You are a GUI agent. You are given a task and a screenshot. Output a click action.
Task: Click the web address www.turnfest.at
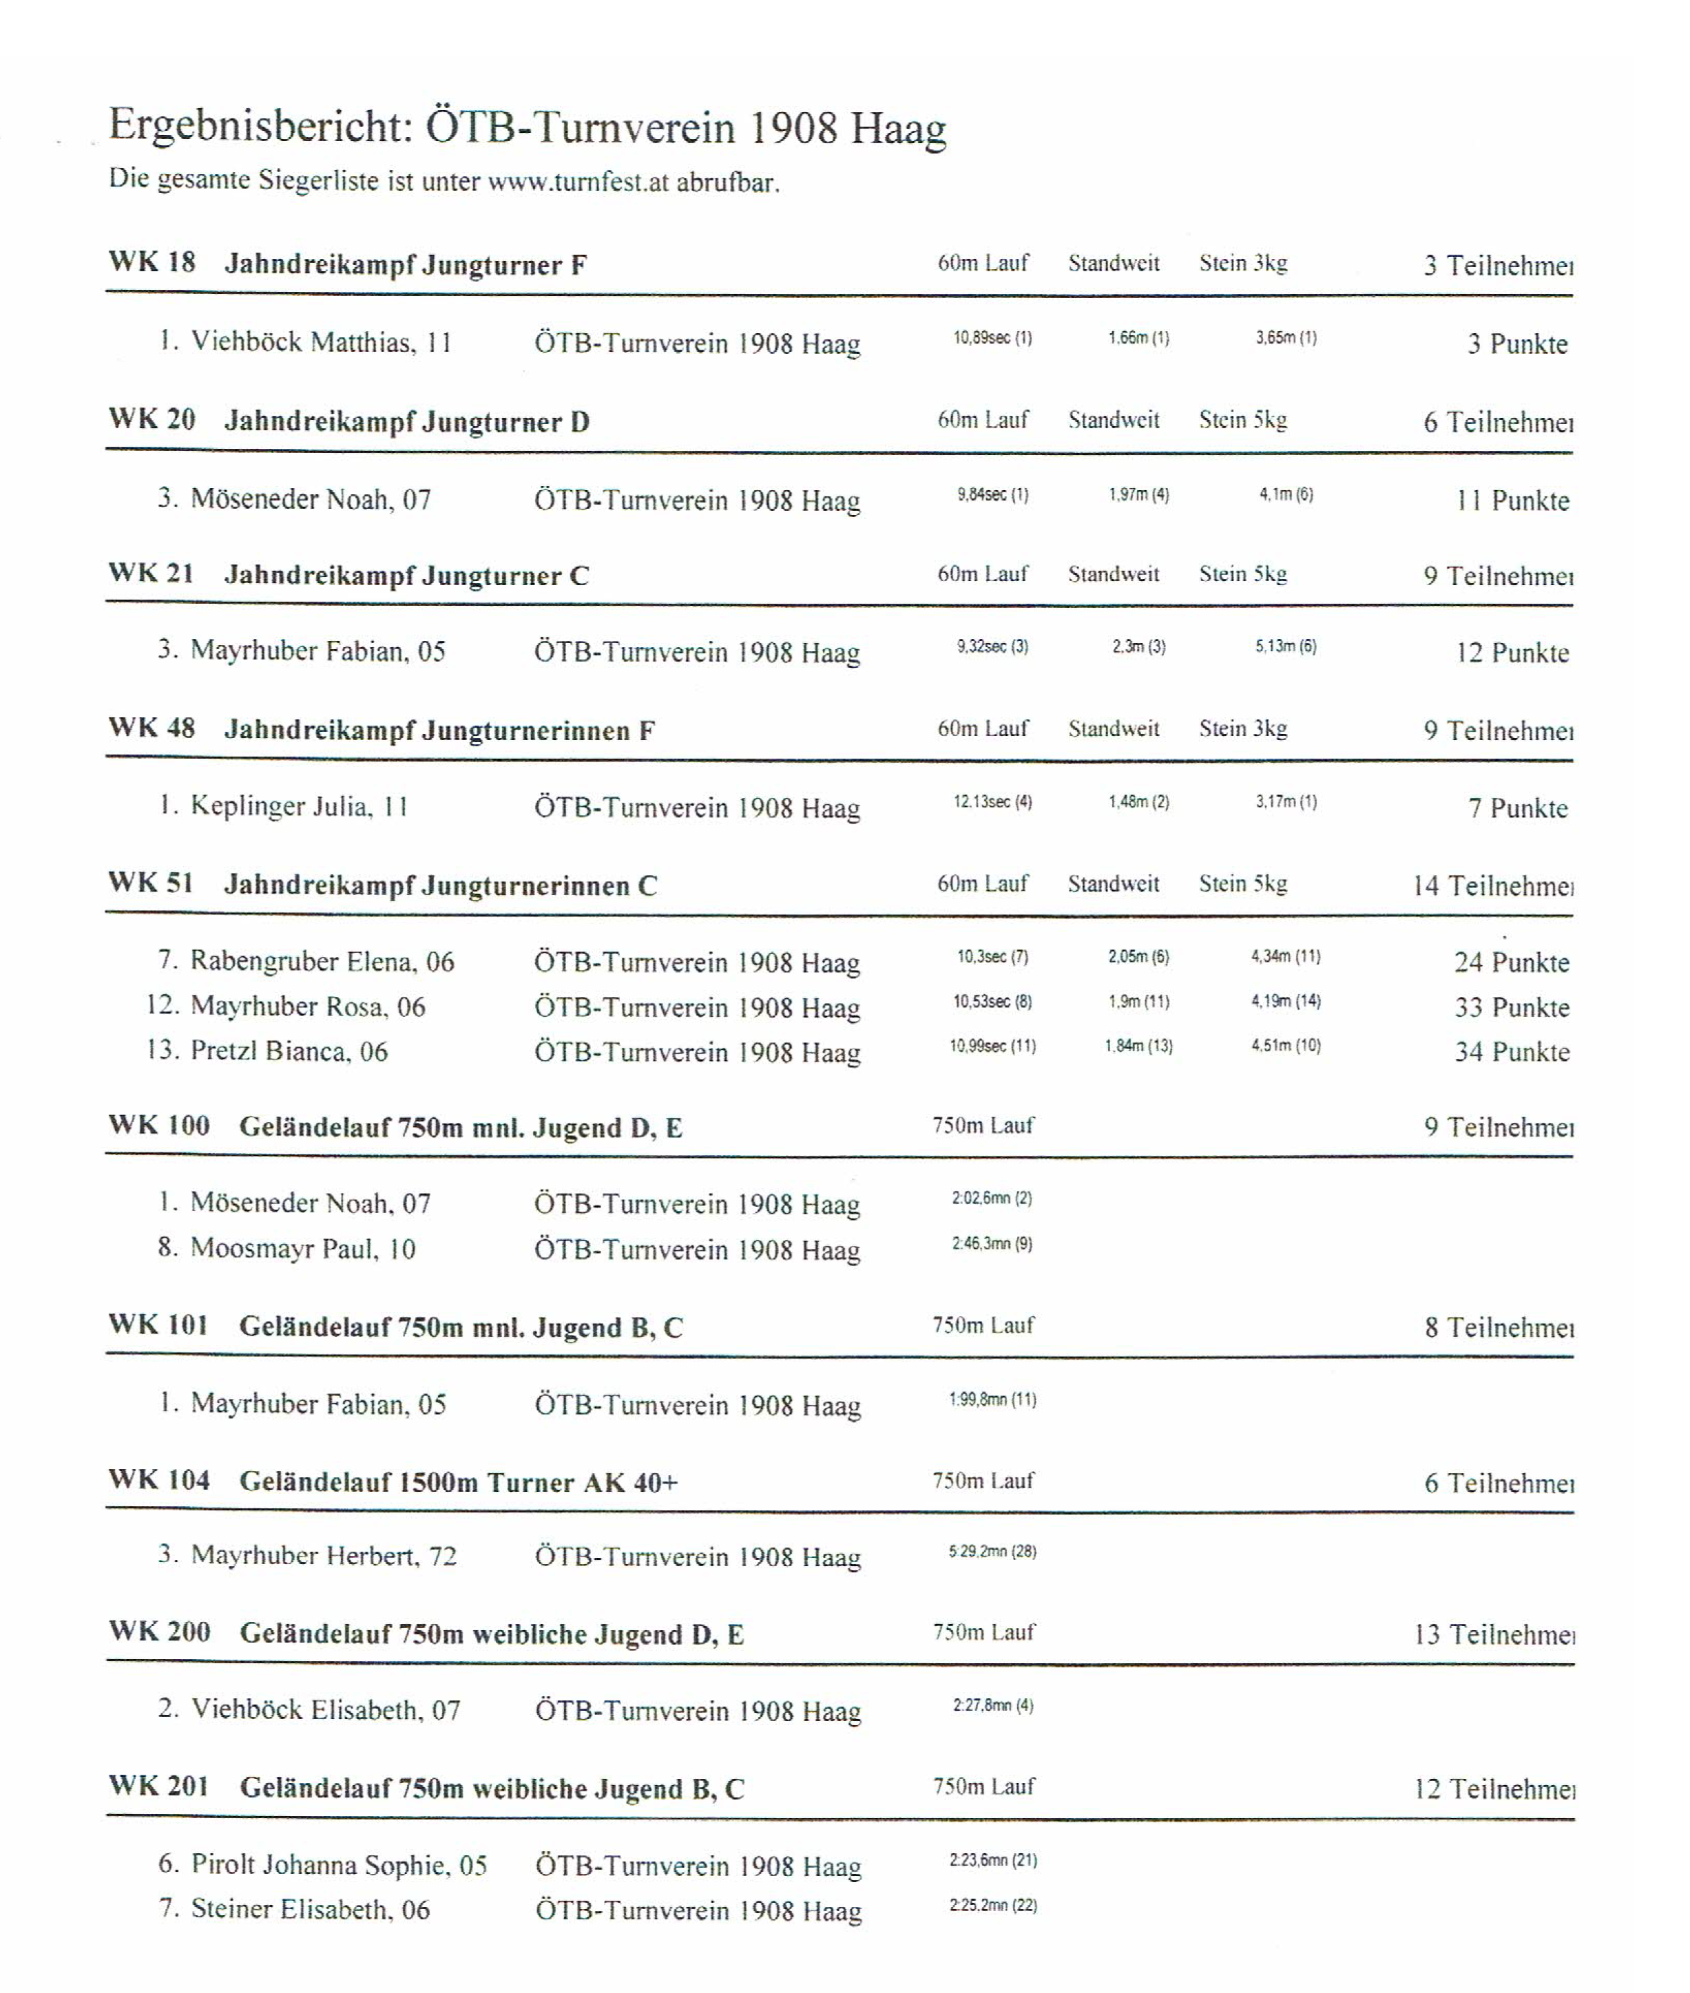coord(578,182)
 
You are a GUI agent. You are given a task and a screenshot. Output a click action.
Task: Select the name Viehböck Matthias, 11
coord(321,342)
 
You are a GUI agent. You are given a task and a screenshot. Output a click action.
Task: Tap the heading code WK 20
coord(152,419)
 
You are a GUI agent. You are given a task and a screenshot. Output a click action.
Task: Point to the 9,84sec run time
coord(992,495)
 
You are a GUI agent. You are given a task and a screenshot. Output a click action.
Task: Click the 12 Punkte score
coord(1512,653)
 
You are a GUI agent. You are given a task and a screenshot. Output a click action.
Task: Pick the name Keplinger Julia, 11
coord(299,806)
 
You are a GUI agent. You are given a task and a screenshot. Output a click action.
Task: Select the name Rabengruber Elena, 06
coord(322,962)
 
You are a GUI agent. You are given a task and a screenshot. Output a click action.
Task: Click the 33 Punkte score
coord(1512,1007)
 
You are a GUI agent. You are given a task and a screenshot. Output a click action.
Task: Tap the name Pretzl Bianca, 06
coord(289,1051)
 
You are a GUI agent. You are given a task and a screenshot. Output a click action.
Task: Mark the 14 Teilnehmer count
coord(1492,886)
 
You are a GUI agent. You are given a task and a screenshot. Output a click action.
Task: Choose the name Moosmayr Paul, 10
coord(303,1249)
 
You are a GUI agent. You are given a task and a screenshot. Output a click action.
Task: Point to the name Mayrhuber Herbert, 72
coord(324,1555)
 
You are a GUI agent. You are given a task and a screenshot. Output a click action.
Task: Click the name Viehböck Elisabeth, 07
coord(326,1709)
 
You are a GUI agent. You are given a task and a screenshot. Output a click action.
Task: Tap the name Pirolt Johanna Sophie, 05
coord(339,1865)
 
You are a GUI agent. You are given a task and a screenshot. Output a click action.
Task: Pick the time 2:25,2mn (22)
coord(992,1906)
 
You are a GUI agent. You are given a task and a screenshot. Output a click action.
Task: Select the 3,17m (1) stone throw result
coord(1286,801)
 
